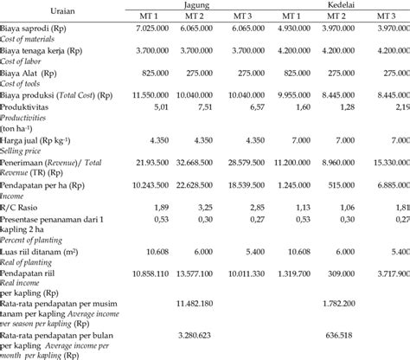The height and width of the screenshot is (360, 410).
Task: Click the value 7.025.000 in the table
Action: (x=157, y=29)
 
